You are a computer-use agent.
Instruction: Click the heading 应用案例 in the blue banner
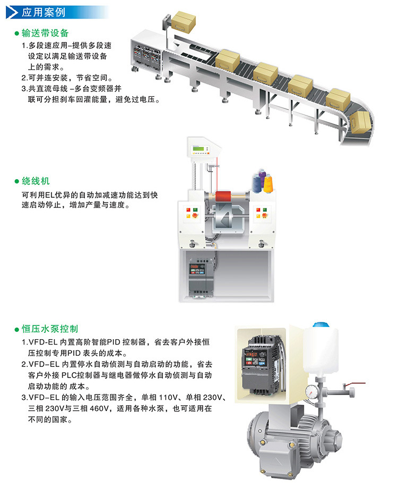point(44,12)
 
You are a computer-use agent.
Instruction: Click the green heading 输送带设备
point(45,33)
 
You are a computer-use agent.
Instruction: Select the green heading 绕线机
point(36,181)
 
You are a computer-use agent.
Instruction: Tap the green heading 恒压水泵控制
point(50,329)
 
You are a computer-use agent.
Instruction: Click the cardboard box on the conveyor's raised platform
point(184,21)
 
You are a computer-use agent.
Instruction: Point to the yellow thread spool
point(267,183)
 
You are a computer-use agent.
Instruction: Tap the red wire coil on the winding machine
point(223,197)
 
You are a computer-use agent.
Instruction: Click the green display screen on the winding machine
point(198,149)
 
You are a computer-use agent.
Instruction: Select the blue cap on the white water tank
point(321,325)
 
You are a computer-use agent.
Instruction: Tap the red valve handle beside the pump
point(357,384)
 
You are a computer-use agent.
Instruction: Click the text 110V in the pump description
point(169,397)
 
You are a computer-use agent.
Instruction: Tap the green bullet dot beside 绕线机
point(17,181)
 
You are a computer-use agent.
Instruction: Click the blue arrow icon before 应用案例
point(12,12)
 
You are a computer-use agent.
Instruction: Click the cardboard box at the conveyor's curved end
point(361,122)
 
